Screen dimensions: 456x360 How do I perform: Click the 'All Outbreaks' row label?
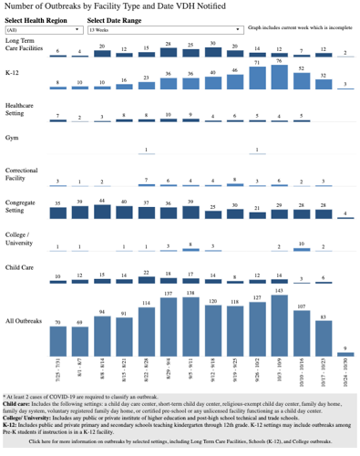pyautogui.click(x=25, y=320)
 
